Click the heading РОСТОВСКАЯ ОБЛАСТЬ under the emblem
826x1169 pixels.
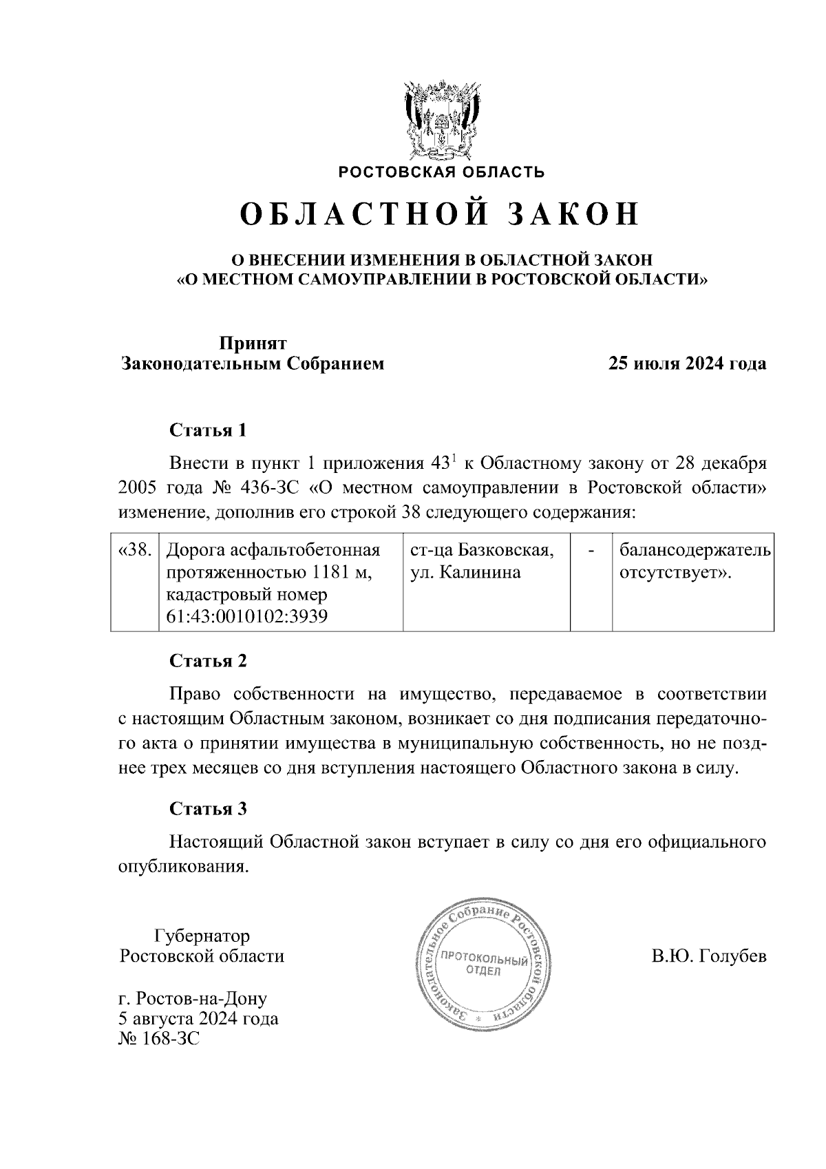pyautogui.click(x=441, y=172)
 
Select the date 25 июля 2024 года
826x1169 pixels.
pyautogui.click(x=686, y=364)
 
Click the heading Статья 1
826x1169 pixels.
pyautogui.click(x=208, y=431)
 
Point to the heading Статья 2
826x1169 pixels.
pyautogui.click(x=208, y=661)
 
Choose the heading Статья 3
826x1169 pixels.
pyautogui.click(x=208, y=808)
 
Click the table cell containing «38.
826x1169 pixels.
pyautogui.click(x=135, y=551)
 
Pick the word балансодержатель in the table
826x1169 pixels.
pyautogui.click(x=694, y=551)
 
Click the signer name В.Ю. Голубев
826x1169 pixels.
pyautogui.click(x=708, y=956)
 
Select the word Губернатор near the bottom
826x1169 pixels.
pyautogui.click(x=202, y=936)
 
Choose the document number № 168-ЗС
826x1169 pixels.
pyautogui.click(x=159, y=1038)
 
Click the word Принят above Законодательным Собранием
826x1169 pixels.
pyautogui.click(x=253, y=343)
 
